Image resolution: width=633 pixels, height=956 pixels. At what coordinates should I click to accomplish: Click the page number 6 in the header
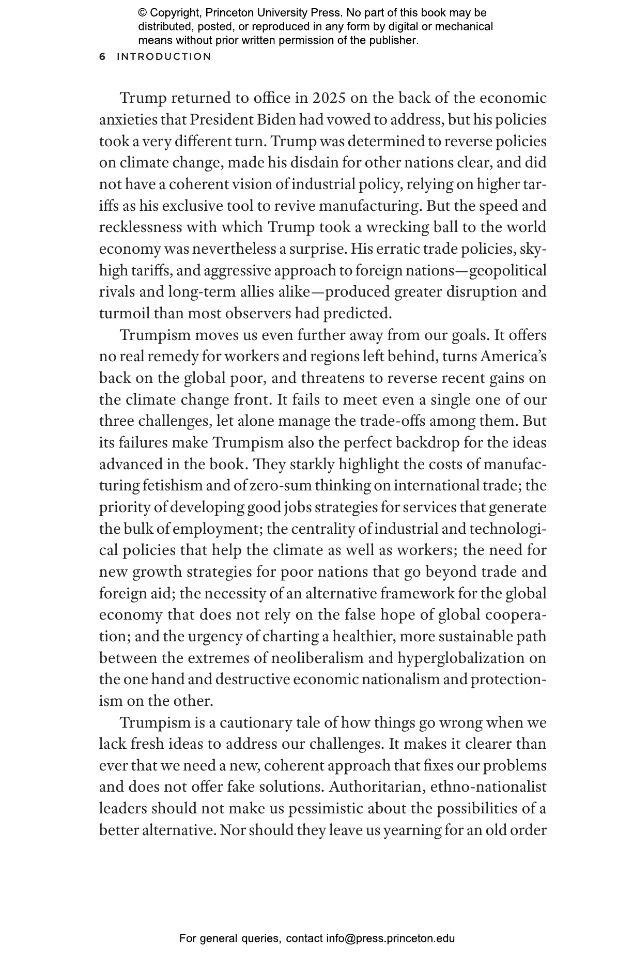[102, 57]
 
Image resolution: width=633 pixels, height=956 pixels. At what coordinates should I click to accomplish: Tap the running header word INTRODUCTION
[164, 57]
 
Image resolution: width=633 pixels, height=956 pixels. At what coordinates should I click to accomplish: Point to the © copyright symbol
[142, 13]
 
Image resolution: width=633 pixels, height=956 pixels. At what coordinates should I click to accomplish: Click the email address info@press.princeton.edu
[390, 938]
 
